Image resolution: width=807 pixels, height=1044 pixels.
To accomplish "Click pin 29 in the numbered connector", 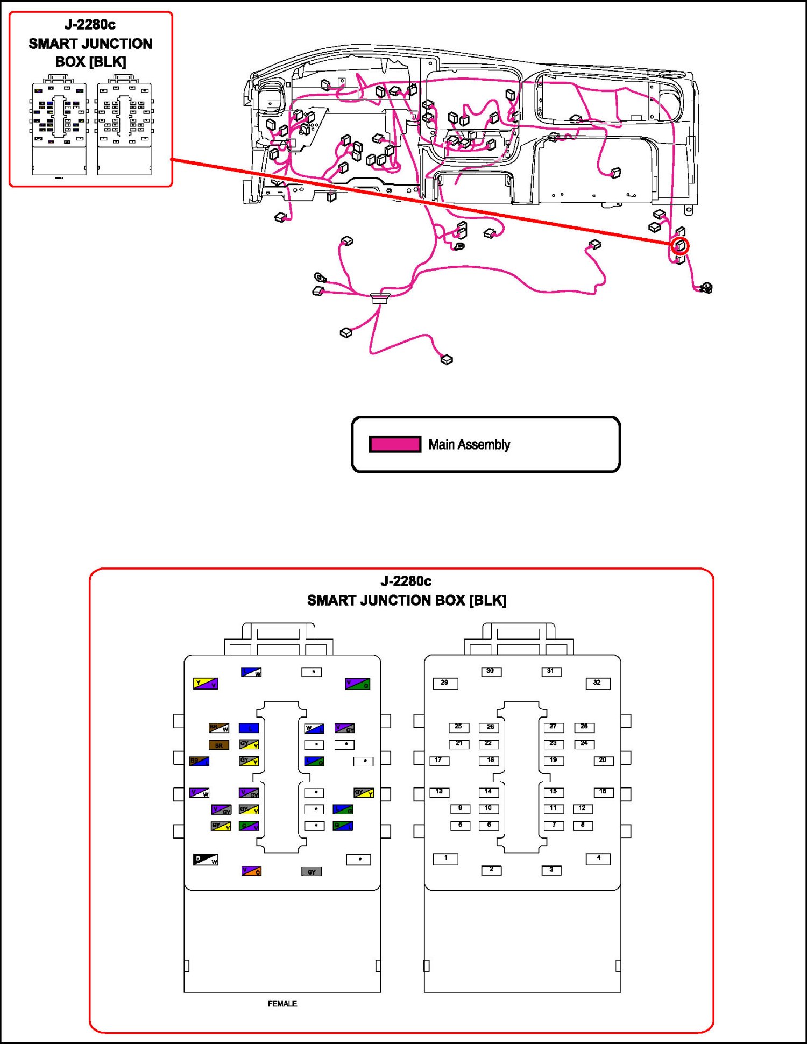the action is (445, 683).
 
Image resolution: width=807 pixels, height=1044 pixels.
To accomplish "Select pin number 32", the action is (598, 683).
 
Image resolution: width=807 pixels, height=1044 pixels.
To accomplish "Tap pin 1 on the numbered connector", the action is (445, 858).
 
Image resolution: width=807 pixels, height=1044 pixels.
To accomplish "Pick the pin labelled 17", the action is (439, 761).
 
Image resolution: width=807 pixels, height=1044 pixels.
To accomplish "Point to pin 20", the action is (603, 761).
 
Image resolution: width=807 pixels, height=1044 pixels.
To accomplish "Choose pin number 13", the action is (439, 792).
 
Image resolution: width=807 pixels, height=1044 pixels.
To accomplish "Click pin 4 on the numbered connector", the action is (598, 858).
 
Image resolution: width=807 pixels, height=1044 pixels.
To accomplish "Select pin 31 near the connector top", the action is (551, 671).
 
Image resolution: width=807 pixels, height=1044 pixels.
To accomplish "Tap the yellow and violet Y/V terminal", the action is (206, 684).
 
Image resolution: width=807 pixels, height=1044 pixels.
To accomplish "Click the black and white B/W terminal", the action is (206, 860).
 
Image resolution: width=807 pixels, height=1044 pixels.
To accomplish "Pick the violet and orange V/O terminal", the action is (251, 871).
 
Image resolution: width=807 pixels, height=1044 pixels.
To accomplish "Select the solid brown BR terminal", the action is (219, 745).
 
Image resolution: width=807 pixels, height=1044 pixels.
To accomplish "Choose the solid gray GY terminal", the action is (312, 871).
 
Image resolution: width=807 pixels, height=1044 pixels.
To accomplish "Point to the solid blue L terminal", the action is (249, 728).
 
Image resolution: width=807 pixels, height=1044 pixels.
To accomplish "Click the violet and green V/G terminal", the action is (357, 684).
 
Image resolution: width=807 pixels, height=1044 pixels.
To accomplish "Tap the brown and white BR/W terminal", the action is (219, 728).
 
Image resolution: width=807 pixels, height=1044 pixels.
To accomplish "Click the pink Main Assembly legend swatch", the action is (395, 444).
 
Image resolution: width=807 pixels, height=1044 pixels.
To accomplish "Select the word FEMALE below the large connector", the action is (282, 1004).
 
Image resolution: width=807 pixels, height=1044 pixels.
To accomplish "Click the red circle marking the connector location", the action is (681, 246).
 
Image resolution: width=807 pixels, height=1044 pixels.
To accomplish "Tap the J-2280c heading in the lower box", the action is (406, 581).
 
